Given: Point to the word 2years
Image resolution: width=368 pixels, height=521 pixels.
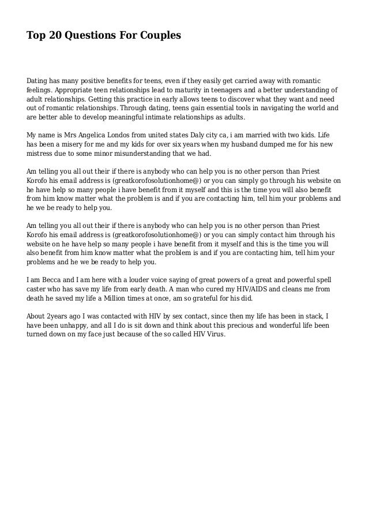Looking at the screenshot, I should click(58, 316).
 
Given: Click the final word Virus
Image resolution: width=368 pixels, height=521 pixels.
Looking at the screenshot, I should click(218, 334).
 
